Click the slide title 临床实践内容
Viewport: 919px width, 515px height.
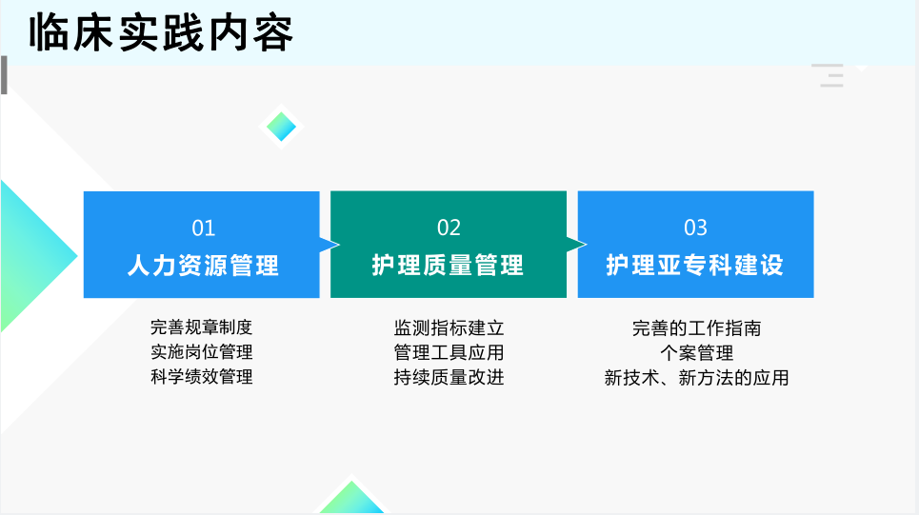(x=161, y=33)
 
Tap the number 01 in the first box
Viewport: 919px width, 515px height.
(x=204, y=228)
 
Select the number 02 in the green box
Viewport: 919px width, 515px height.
(x=449, y=228)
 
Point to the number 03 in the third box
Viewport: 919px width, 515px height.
(x=696, y=228)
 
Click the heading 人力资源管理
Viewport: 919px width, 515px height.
(x=203, y=266)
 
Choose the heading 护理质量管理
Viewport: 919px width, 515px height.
(x=448, y=265)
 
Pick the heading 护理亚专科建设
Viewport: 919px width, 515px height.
(x=694, y=265)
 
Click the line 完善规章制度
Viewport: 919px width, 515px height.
(x=202, y=327)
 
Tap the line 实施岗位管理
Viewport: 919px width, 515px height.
(x=202, y=351)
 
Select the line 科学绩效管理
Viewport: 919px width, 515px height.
(x=202, y=376)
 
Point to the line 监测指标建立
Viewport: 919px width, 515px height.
(x=449, y=327)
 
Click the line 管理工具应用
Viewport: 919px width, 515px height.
(x=449, y=352)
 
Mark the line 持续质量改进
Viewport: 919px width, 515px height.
(x=449, y=377)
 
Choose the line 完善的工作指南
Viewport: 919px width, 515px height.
(x=697, y=328)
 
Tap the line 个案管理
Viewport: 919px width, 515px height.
(x=697, y=353)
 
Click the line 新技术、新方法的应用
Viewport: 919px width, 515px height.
(x=697, y=378)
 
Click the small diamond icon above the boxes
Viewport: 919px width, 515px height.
(x=281, y=126)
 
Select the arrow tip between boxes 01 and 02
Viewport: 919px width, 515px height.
(x=339, y=245)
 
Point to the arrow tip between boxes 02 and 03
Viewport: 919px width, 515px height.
(x=586, y=244)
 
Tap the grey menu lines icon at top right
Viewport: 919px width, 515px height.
(x=828, y=75)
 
